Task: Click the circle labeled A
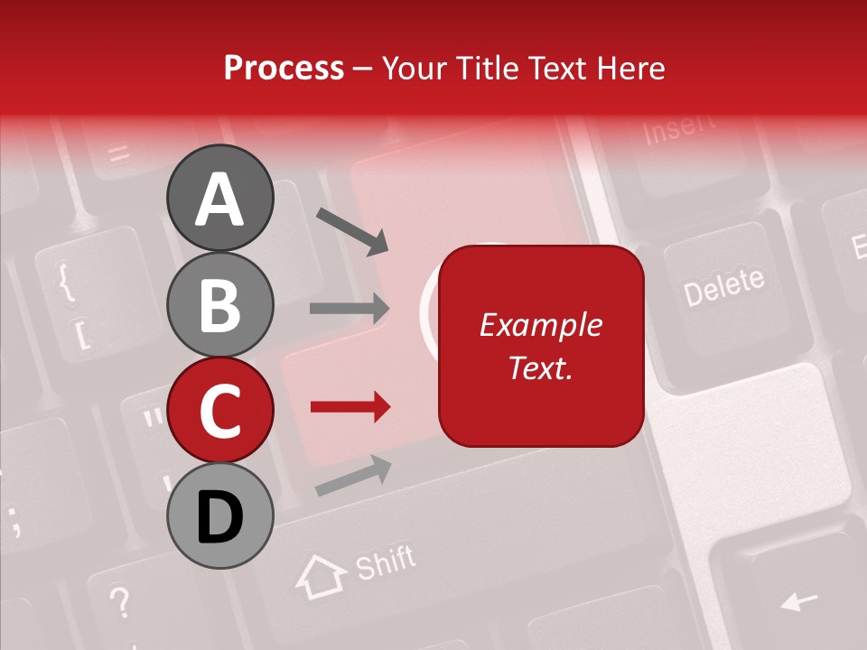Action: coord(219,198)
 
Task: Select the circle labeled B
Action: coord(219,304)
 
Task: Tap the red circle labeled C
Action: coord(219,410)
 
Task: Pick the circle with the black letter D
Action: coord(219,516)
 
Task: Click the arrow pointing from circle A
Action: coord(351,231)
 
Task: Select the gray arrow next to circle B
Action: coord(350,309)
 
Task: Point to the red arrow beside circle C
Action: coord(350,407)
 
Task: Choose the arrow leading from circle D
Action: coord(353,476)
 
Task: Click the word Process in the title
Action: coord(284,69)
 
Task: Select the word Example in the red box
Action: coord(541,325)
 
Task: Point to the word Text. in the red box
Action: coord(541,367)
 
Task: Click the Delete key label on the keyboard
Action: coord(723,286)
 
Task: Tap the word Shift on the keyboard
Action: coord(385,563)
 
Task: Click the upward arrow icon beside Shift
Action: coord(322,577)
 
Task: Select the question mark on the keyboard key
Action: coord(119,599)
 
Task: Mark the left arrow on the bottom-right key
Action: coord(798,599)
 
